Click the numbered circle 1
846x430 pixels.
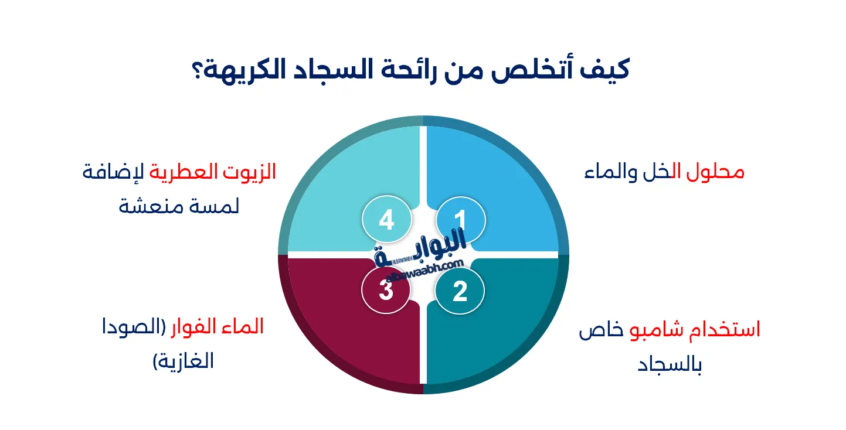coord(461,220)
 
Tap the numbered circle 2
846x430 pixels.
coord(460,291)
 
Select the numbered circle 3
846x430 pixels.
coord(386,290)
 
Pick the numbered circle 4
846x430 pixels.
coord(387,220)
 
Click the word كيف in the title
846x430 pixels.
coord(604,70)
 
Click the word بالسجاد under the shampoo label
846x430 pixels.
coord(670,364)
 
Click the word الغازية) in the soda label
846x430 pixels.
coord(183,361)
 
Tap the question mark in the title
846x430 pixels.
coord(198,70)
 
